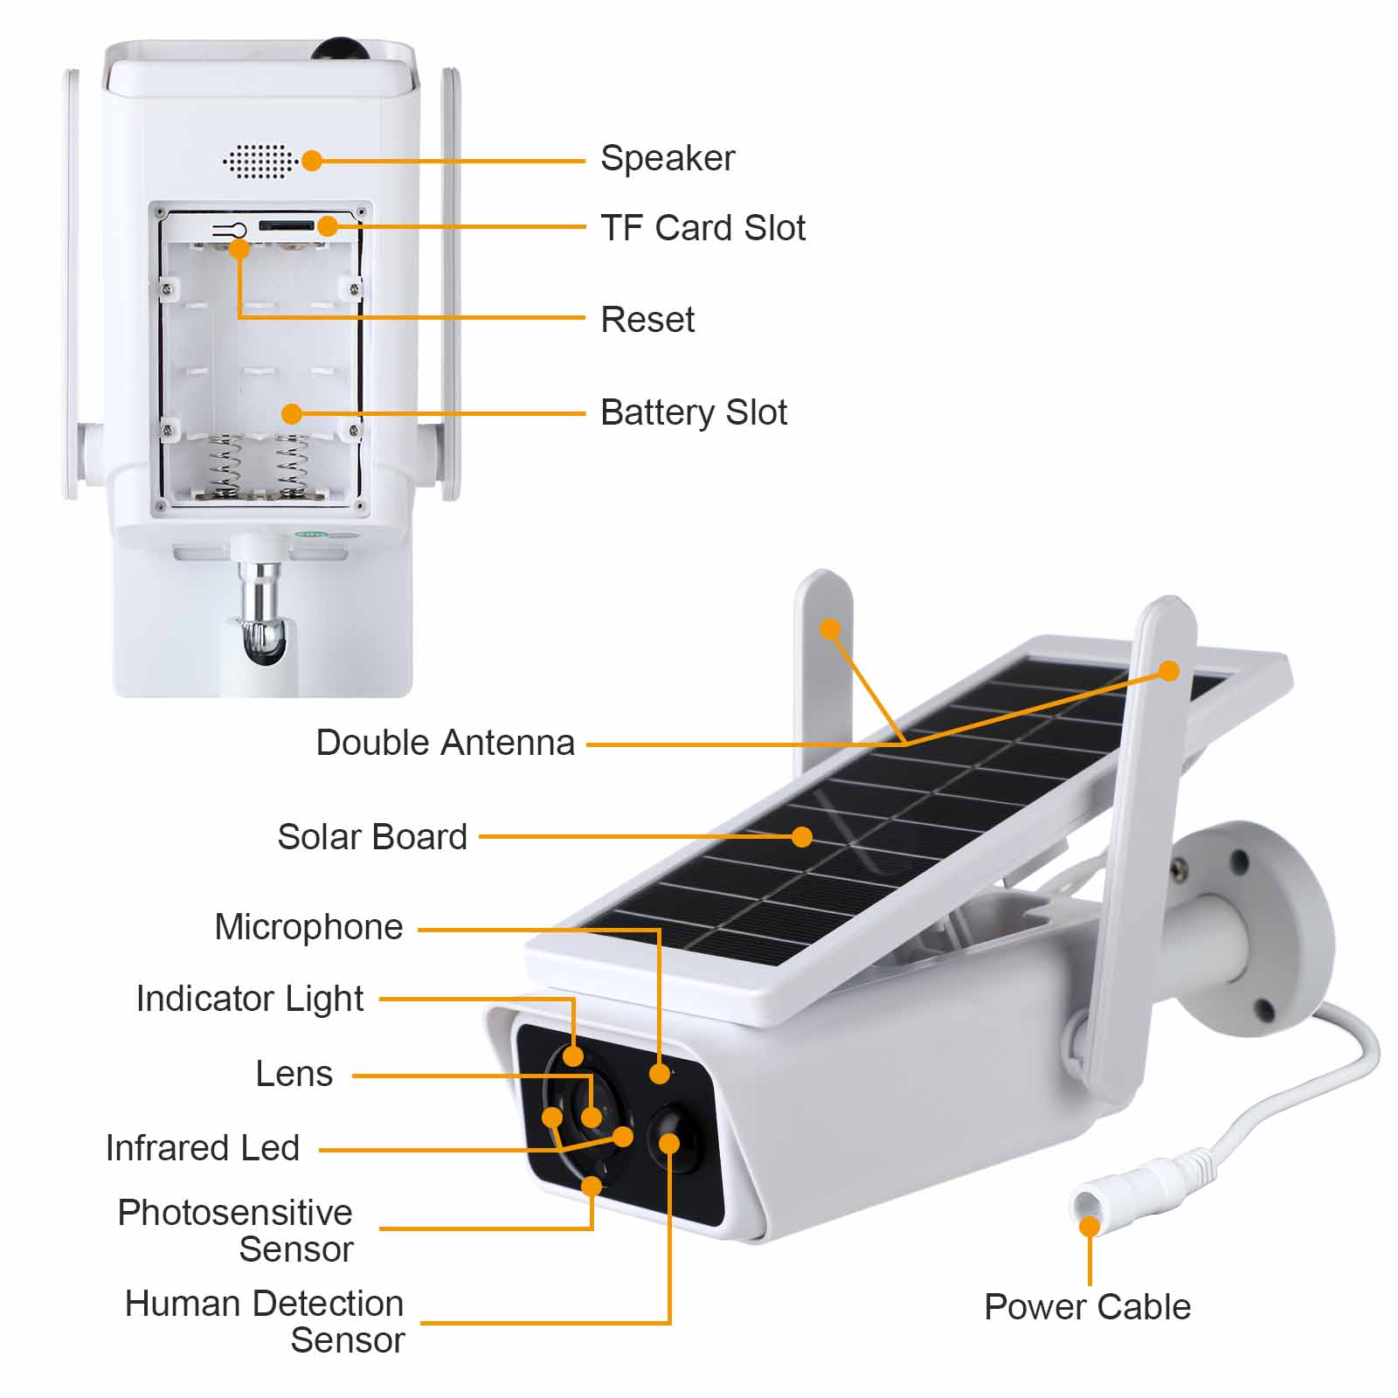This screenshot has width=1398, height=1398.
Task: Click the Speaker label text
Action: coord(668,159)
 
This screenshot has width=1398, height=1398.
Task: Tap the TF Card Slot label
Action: coord(702,227)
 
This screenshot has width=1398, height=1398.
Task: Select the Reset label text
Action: coord(647,320)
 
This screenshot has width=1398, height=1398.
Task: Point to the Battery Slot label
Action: coord(694,412)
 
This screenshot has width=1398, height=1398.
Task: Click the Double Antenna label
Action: coord(445,743)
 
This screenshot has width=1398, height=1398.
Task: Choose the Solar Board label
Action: coord(372,837)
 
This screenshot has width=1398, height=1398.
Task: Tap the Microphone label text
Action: coord(309,928)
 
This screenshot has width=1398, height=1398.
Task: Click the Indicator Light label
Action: coord(250,1000)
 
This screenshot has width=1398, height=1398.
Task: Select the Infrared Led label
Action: coord(203,1148)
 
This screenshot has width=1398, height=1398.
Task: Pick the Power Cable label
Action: coord(1087,1307)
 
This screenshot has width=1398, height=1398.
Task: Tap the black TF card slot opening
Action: coord(286,226)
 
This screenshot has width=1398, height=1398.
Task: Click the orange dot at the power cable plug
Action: coord(1089,1226)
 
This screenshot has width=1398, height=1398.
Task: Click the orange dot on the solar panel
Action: coord(801,837)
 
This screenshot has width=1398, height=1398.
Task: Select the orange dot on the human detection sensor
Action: coord(669,1143)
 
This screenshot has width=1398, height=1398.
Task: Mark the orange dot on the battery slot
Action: coord(292,413)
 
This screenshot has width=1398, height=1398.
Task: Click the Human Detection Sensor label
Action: coord(265,1322)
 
